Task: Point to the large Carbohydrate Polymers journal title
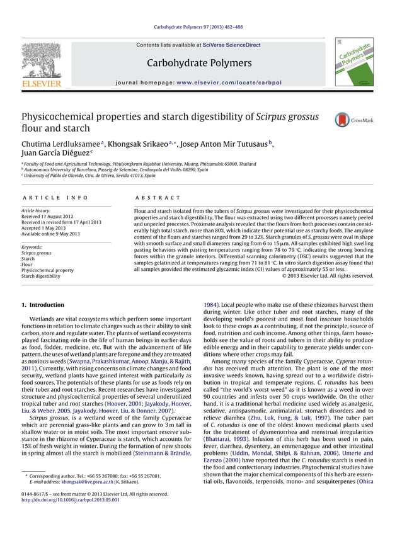(199, 63)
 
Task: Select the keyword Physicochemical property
(47, 270)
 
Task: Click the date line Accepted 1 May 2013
(46, 227)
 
